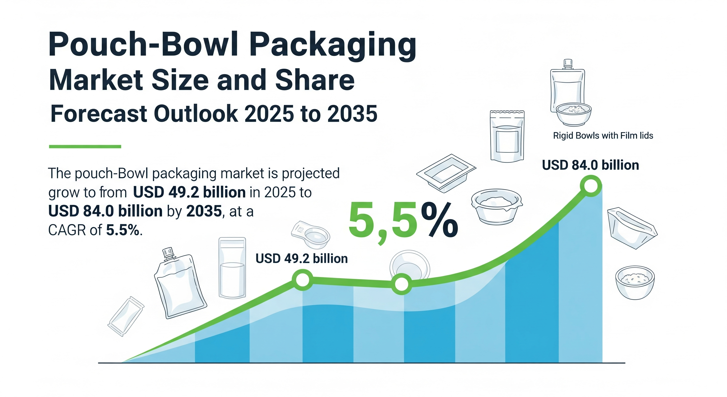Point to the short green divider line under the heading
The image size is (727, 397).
(x=85, y=146)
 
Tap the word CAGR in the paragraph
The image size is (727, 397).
(x=67, y=230)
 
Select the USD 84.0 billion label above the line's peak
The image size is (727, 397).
(x=590, y=165)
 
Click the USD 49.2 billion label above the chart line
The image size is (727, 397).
(x=302, y=258)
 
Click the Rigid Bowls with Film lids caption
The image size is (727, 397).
(x=603, y=136)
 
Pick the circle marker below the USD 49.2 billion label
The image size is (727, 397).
(x=303, y=280)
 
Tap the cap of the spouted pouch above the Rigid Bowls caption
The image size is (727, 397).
(x=567, y=63)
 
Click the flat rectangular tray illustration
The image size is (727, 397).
(x=446, y=173)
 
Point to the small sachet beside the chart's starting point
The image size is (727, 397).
(x=126, y=316)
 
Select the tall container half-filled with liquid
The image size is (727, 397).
(x=232, y=268)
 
